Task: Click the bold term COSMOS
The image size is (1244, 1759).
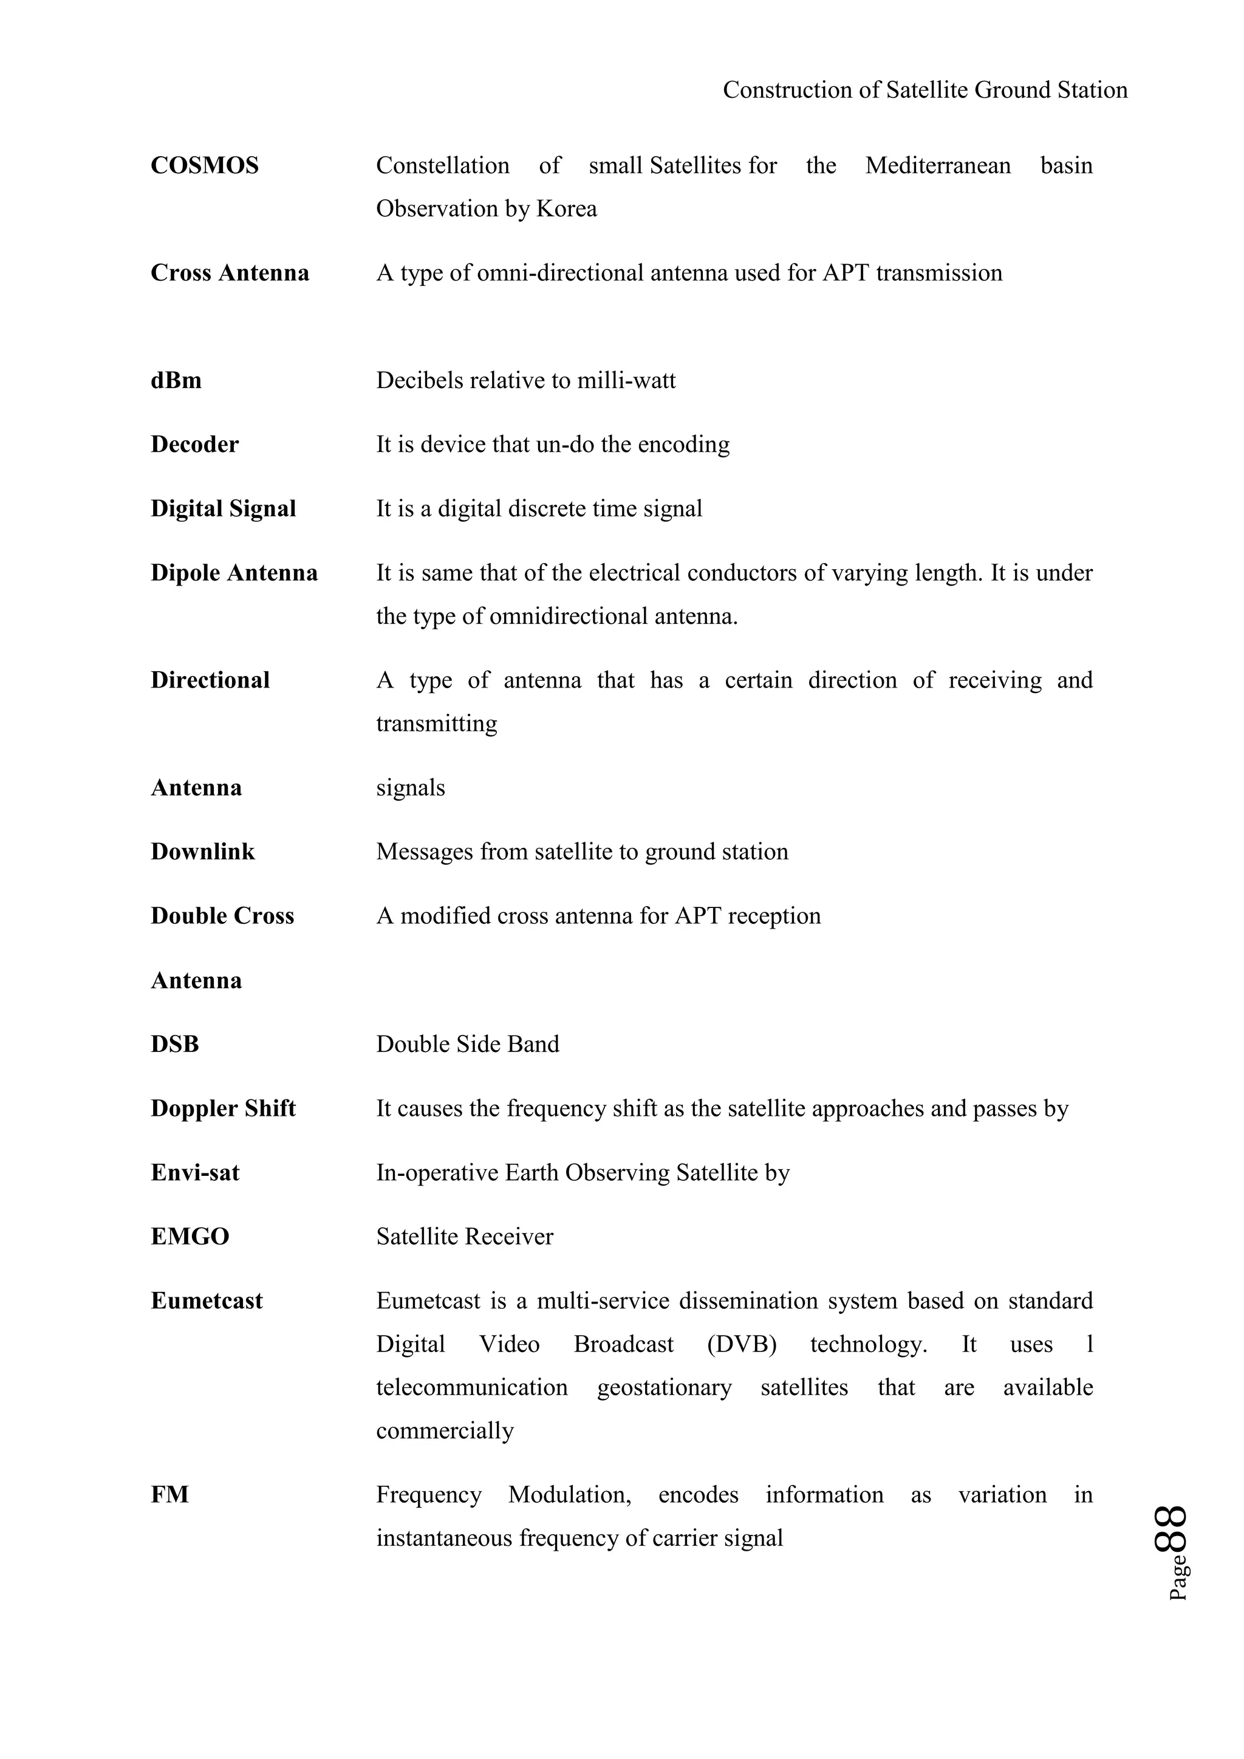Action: click(x=205, y=165)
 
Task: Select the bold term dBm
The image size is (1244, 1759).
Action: click(x=176, y=381)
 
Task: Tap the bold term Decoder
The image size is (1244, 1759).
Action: click(x=194, y=445)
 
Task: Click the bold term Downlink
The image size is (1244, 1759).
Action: click(x=202, y=852)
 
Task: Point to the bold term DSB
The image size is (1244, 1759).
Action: click(x=175, y=1044)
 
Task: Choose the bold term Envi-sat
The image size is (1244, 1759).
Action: click(x=194, y=1173)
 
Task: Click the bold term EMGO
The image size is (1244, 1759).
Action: click(x=190, y=1237)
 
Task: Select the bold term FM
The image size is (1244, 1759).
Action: click(x=169, y=1495)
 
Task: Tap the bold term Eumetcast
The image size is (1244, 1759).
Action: click(x=206, y=1301)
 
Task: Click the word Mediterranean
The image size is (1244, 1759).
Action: click(x=938, y=165)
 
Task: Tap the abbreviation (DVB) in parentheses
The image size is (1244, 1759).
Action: click(x=742, y=1345)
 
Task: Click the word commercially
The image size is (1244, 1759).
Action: click(x=444, y=1430)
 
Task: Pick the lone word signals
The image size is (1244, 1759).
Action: click(x=410, y=788)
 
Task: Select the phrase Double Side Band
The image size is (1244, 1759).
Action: click(x=467, y=1044)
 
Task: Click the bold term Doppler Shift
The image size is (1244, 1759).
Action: click(x=223, y=1108)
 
